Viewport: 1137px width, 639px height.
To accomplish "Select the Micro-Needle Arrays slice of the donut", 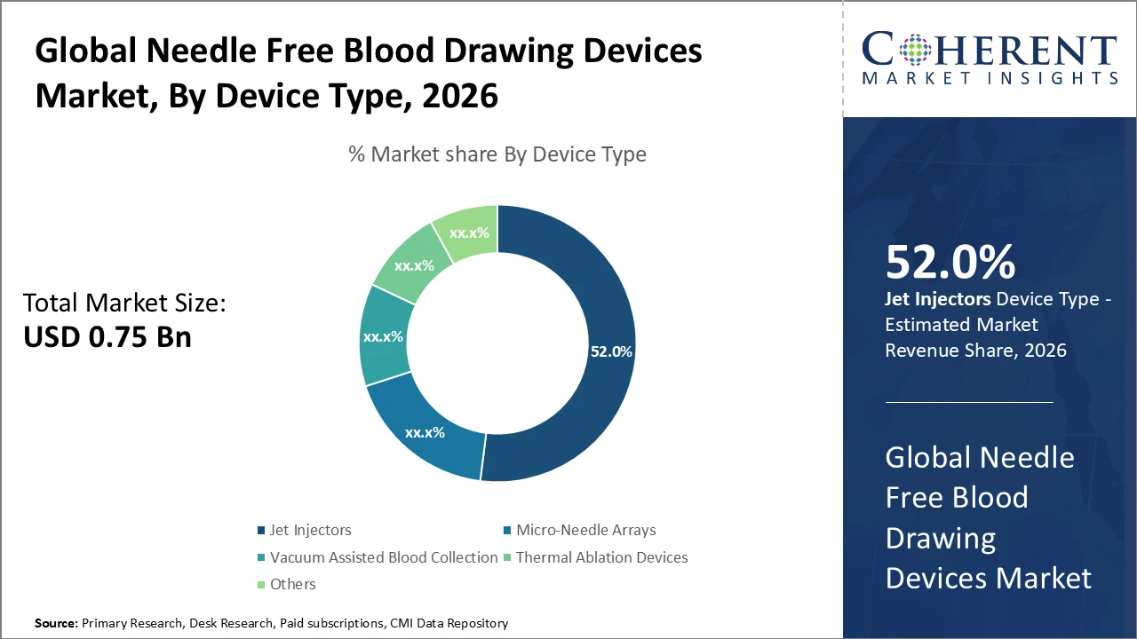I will (x=425, y=433).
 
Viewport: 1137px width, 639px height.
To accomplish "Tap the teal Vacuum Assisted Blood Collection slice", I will (x=384, y=337).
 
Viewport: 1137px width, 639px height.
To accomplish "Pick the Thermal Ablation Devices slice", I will (x=413, y=264).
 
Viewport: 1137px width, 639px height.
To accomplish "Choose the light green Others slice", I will (x=468, y=233).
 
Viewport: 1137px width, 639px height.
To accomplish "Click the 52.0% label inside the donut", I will (x=611, y=351).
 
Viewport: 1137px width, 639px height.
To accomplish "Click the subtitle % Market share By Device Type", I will (x=497, y=154).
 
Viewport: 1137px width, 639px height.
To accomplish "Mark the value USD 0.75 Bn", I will (x=107, y=336).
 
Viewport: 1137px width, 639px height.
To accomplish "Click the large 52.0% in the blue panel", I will (x=950, y=263).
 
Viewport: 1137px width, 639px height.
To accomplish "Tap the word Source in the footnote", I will (x=55, y=624).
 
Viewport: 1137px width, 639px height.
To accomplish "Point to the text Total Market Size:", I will (x=124, y=304).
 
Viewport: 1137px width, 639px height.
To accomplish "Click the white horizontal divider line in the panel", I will (x=969, y=402).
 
